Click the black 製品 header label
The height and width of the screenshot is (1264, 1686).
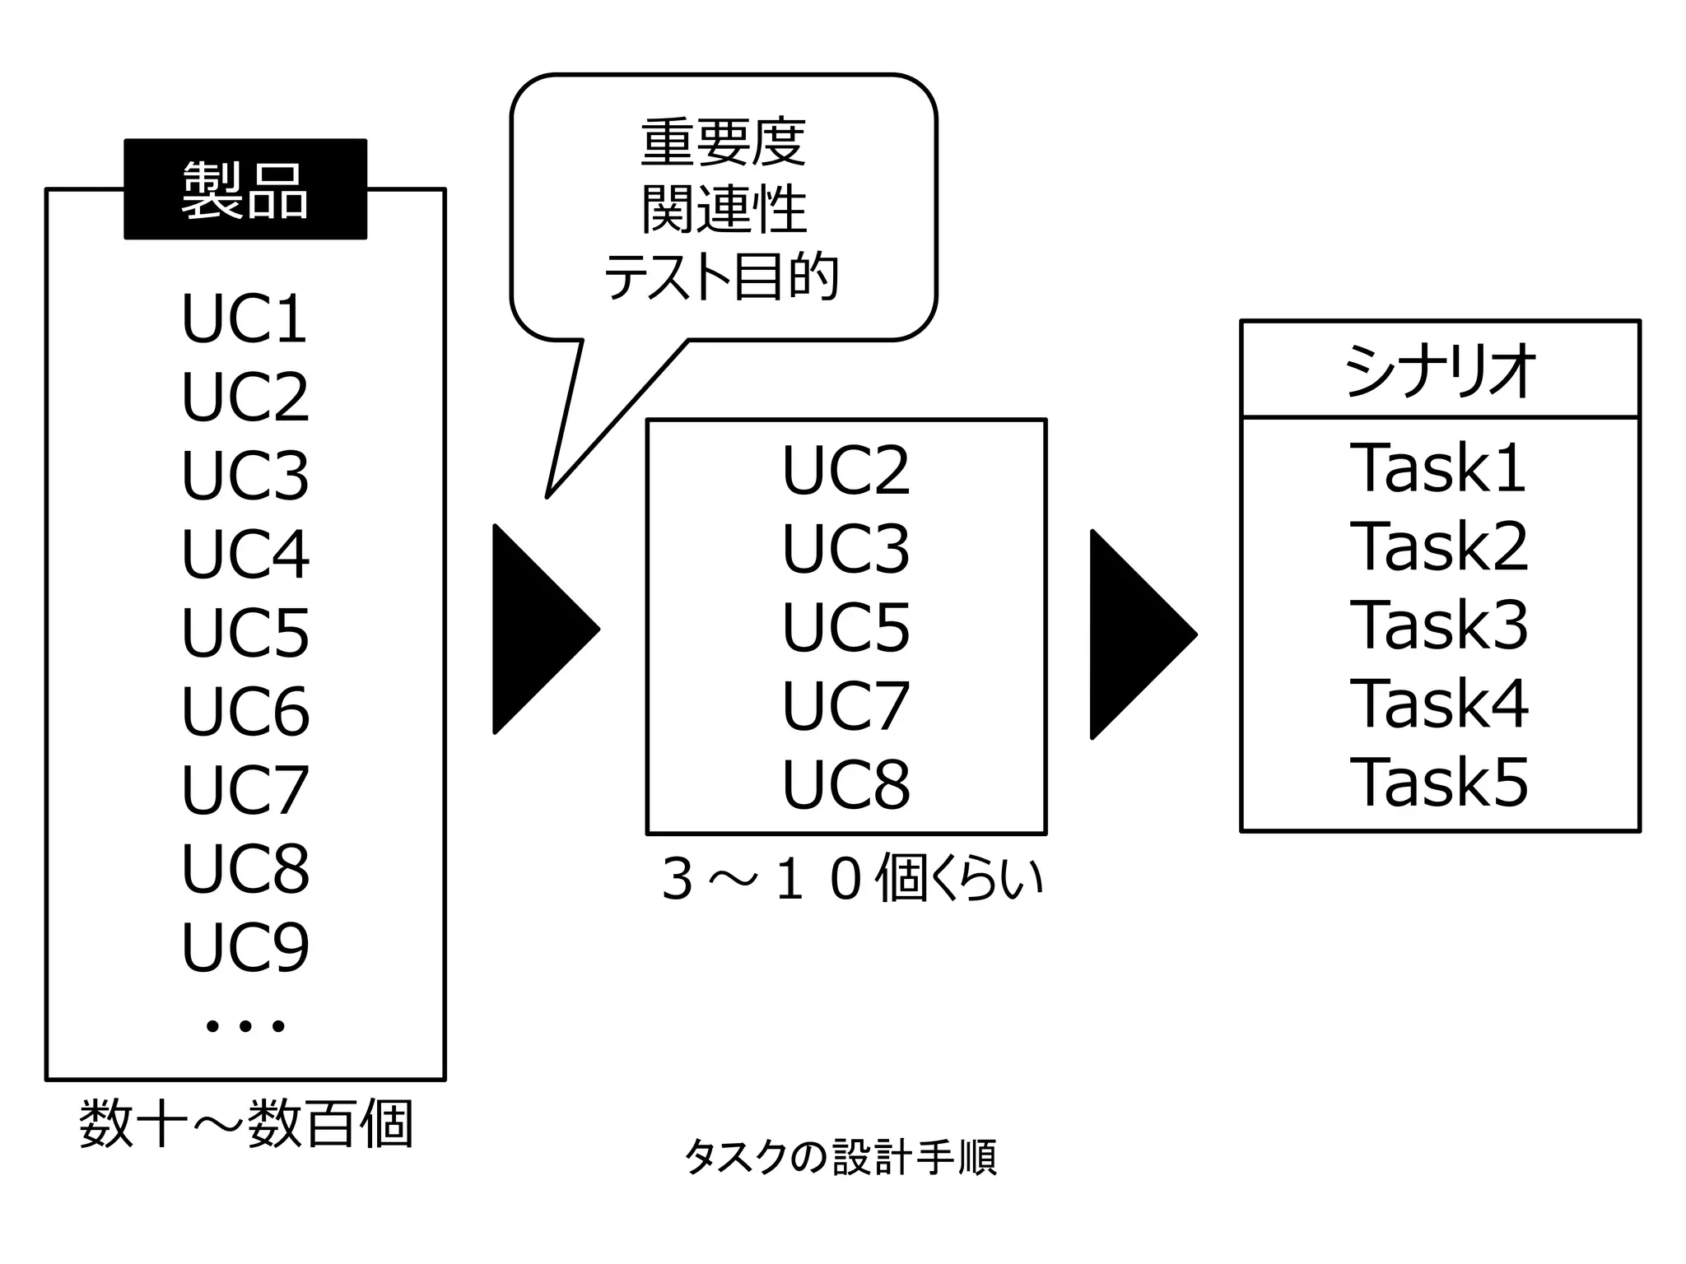[x=245, y=189]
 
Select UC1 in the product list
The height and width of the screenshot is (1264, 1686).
[x=245, y=318]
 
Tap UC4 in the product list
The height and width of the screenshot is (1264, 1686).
[x=245, y=554]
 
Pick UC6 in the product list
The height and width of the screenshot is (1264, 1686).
[x=245, y=711]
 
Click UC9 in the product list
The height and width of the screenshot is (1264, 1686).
[x=245, y=946]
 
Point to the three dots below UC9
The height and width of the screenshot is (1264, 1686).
[x=245, y=1025]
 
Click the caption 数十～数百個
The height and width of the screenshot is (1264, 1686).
[x=245, y=1123]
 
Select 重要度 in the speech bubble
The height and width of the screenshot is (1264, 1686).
[x=723, y=142]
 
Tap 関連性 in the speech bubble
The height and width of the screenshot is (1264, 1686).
[x=723, y=209]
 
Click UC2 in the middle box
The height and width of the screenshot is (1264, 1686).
[x=845, y=470]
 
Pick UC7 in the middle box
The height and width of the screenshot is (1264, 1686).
[x=845, y=705]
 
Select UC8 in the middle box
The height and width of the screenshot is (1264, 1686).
[x=845, y=783]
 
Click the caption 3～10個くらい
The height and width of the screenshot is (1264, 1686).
[x=851, y=879]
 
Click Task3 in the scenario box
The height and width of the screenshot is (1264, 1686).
[x=1438, y=625]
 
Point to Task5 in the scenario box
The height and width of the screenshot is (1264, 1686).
[x=1438, y=782]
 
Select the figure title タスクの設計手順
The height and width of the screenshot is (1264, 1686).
[x=840, y=1157]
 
